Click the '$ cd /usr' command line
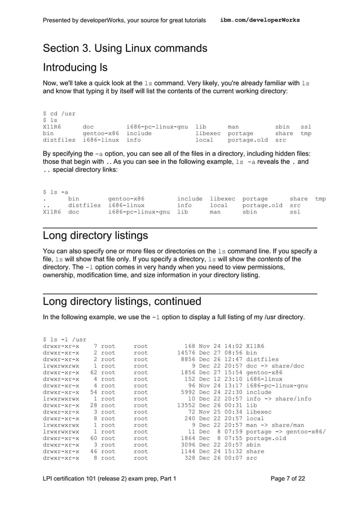59,114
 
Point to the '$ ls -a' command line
56,191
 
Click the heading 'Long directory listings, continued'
122,301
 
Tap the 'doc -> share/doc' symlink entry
275,366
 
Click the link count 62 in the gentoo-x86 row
95,373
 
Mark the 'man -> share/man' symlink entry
275,424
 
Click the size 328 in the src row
190,459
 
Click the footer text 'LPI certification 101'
78,478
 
